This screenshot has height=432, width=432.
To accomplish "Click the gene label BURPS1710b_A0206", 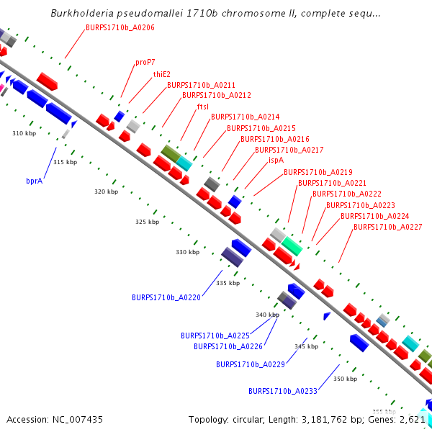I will pos(120,27).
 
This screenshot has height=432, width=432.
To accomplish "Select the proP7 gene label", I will pos(145,62).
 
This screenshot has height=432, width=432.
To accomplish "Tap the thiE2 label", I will pos(161,73).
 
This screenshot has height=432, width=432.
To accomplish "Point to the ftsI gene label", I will pos(202,106).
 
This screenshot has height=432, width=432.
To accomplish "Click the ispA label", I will pos(276,160).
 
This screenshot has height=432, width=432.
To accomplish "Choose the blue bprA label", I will pos(35,181).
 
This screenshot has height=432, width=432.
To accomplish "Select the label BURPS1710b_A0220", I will pos(166,297).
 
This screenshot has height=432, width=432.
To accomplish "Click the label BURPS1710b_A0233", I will pos(282,391).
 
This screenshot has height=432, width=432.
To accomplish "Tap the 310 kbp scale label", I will pos(24,133).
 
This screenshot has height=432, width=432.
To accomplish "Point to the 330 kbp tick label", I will pos(187,252).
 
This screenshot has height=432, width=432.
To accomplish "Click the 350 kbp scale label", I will pos(346,379).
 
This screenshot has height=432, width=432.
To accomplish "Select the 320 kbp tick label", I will pos(106,192).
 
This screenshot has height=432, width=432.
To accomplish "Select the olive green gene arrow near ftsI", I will pos(171,153).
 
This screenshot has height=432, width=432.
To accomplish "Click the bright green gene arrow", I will pos(292,246).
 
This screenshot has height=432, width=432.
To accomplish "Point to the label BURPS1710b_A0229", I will pos(251,364).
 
